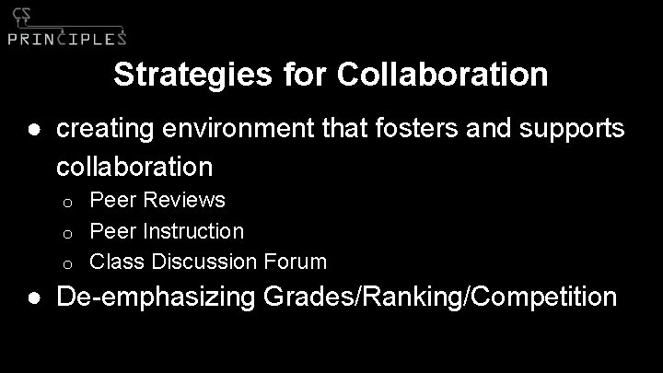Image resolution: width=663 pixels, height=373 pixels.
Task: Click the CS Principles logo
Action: coord(66,27)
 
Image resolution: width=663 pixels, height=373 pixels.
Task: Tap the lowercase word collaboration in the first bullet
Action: coord(134,167)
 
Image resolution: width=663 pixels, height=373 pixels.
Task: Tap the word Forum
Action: coord(297,262)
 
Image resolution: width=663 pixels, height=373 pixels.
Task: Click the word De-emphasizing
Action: coord(154,297)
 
